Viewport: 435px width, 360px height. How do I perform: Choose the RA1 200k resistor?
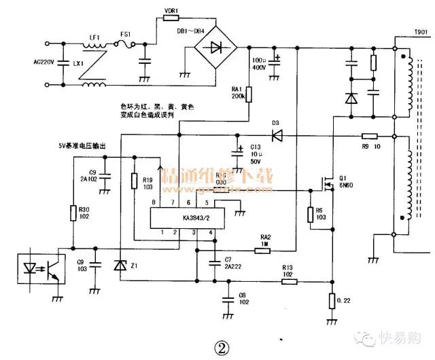(249, 93)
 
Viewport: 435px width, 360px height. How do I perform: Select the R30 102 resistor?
(73, 213)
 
